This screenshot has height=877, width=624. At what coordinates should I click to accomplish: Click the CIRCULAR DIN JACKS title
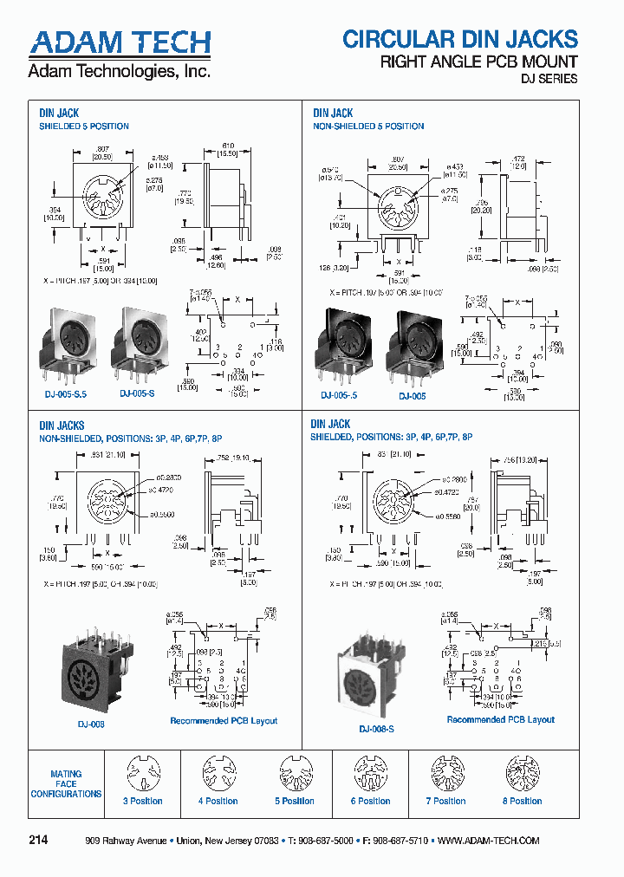click(x=459, y=39)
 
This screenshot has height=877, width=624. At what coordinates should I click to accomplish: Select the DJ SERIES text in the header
click(x=548, y=79)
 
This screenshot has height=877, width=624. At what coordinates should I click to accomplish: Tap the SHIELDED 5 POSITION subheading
click(x=84, y=127)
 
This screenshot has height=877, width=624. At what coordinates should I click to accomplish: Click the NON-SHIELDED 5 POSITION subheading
click(x=368, y=127)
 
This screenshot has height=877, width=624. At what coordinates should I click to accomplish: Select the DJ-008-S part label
click(x=376, y=730)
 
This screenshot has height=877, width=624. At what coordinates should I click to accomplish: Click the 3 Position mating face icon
click(x=142, y=773)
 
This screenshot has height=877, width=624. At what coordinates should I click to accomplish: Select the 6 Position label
click(x=370, y=802)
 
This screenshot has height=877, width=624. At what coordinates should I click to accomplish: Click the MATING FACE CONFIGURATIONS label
click(x=66, y=783)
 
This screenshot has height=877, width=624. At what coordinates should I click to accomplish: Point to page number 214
click(x=38, y=841)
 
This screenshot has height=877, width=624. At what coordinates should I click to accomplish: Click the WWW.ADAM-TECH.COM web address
click(x=489, y=841)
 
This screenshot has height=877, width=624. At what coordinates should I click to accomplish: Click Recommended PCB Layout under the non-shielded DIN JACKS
click(x=224, y=721)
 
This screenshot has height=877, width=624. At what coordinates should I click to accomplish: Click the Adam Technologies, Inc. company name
click(x=119, y=71)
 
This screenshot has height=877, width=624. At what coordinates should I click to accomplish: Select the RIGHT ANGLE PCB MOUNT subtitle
click(x=479, y=62)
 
